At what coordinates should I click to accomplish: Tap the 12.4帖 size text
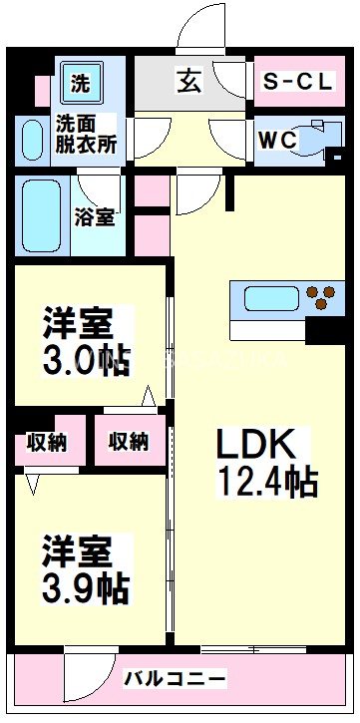[267, 483]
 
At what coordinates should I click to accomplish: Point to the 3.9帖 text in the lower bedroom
[86, 586]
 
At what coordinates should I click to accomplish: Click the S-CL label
[297, 84]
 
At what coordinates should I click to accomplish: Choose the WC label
[277, 141]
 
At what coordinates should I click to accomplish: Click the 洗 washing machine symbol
[80, 84]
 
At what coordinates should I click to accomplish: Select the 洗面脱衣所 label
[86, 134]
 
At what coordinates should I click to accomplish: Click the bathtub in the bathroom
[43, 216]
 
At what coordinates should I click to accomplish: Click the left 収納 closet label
[47, 440]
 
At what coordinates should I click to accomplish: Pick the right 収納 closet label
[129, 440]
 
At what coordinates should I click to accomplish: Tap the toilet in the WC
[321, 140]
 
